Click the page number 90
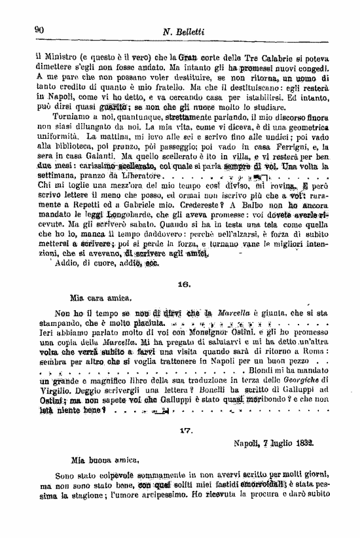click(38, 29)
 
